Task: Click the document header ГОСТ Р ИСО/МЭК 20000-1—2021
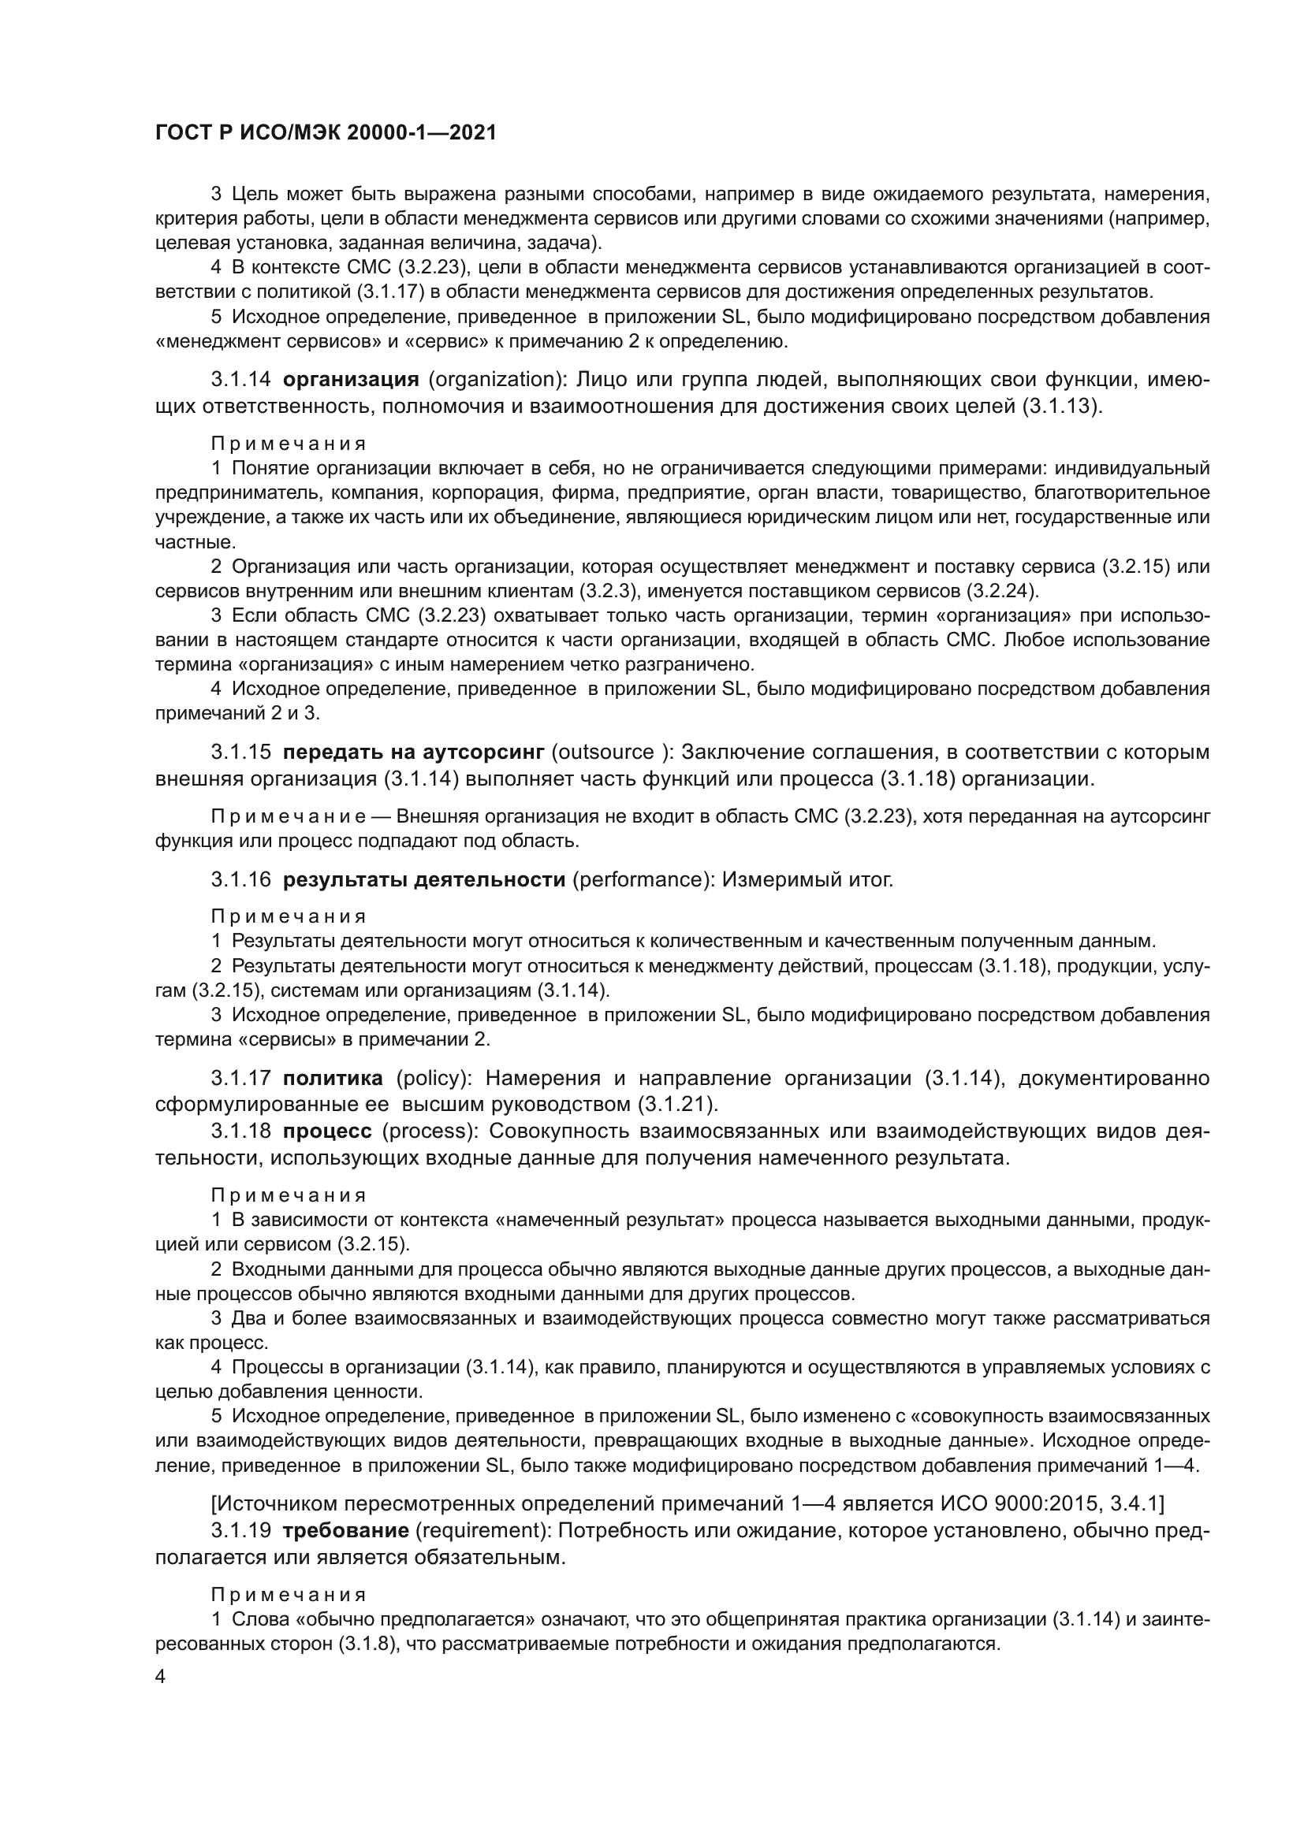(325, 133)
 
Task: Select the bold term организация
(351, 379)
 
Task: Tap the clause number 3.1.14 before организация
(241, 379)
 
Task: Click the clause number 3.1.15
(241, 752)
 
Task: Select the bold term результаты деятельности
(425, 880)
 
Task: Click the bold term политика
(333, 1078)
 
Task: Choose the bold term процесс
(328, 1131)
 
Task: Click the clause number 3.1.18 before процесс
(241, 1131)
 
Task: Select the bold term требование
(346, 1531)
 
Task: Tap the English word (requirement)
(484, 1531)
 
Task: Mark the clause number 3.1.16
(241, 880)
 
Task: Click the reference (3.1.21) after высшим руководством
(677, 1105)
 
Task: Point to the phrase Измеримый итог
(807, 880)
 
